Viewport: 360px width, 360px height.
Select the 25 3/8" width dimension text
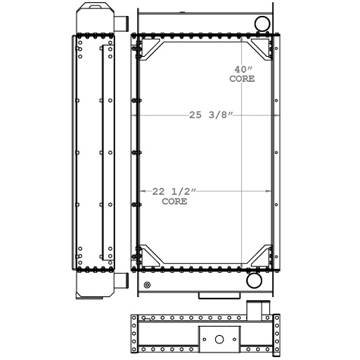[x=211, y=115]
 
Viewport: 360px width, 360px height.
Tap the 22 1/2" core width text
[x=174, y=192]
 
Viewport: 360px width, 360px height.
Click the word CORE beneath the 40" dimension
[x=242, y=79]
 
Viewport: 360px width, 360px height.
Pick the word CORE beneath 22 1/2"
[x=174, y=202]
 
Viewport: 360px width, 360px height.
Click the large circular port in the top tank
[x=262, y=23]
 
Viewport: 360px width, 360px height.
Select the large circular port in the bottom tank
[x=254, y=280]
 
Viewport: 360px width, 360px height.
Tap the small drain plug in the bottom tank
[x=147, y=285]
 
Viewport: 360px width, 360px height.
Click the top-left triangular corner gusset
[x=151, y=49]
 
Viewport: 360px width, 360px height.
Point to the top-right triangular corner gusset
[x=261, y=49]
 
